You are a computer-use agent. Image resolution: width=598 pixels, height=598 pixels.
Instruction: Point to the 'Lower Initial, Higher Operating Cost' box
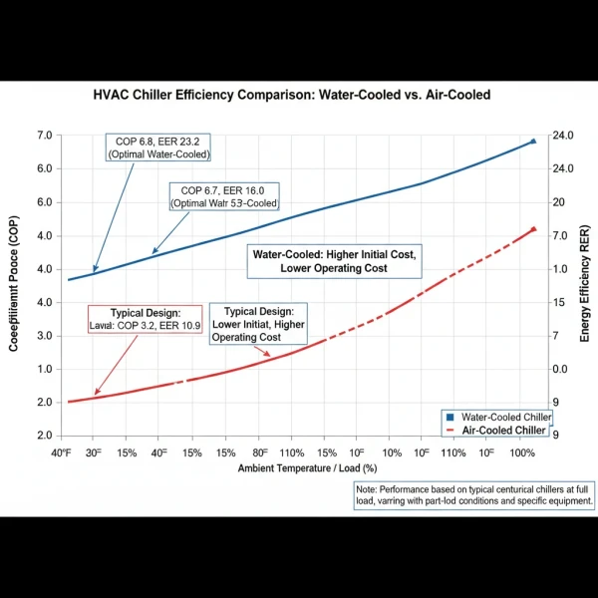(258, 325)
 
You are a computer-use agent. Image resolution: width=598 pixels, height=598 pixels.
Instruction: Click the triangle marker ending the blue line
(533, 142)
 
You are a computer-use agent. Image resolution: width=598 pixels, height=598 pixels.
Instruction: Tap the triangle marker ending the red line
(533, 229)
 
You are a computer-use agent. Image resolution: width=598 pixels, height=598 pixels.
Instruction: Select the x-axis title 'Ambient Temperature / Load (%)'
(307, 468)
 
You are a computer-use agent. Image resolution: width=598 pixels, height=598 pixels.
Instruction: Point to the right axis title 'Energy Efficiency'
(585, 288)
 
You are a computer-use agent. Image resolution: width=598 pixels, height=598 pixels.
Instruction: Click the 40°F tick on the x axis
(61, 452)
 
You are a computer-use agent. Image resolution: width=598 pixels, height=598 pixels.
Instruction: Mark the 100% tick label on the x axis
(523, 452)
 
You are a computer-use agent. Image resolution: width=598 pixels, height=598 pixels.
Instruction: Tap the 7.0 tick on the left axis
(44, 136)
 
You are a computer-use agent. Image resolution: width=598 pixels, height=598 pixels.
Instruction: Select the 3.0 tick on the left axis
(44, 336)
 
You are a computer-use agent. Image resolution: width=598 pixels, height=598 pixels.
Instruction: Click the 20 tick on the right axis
(558, 202)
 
